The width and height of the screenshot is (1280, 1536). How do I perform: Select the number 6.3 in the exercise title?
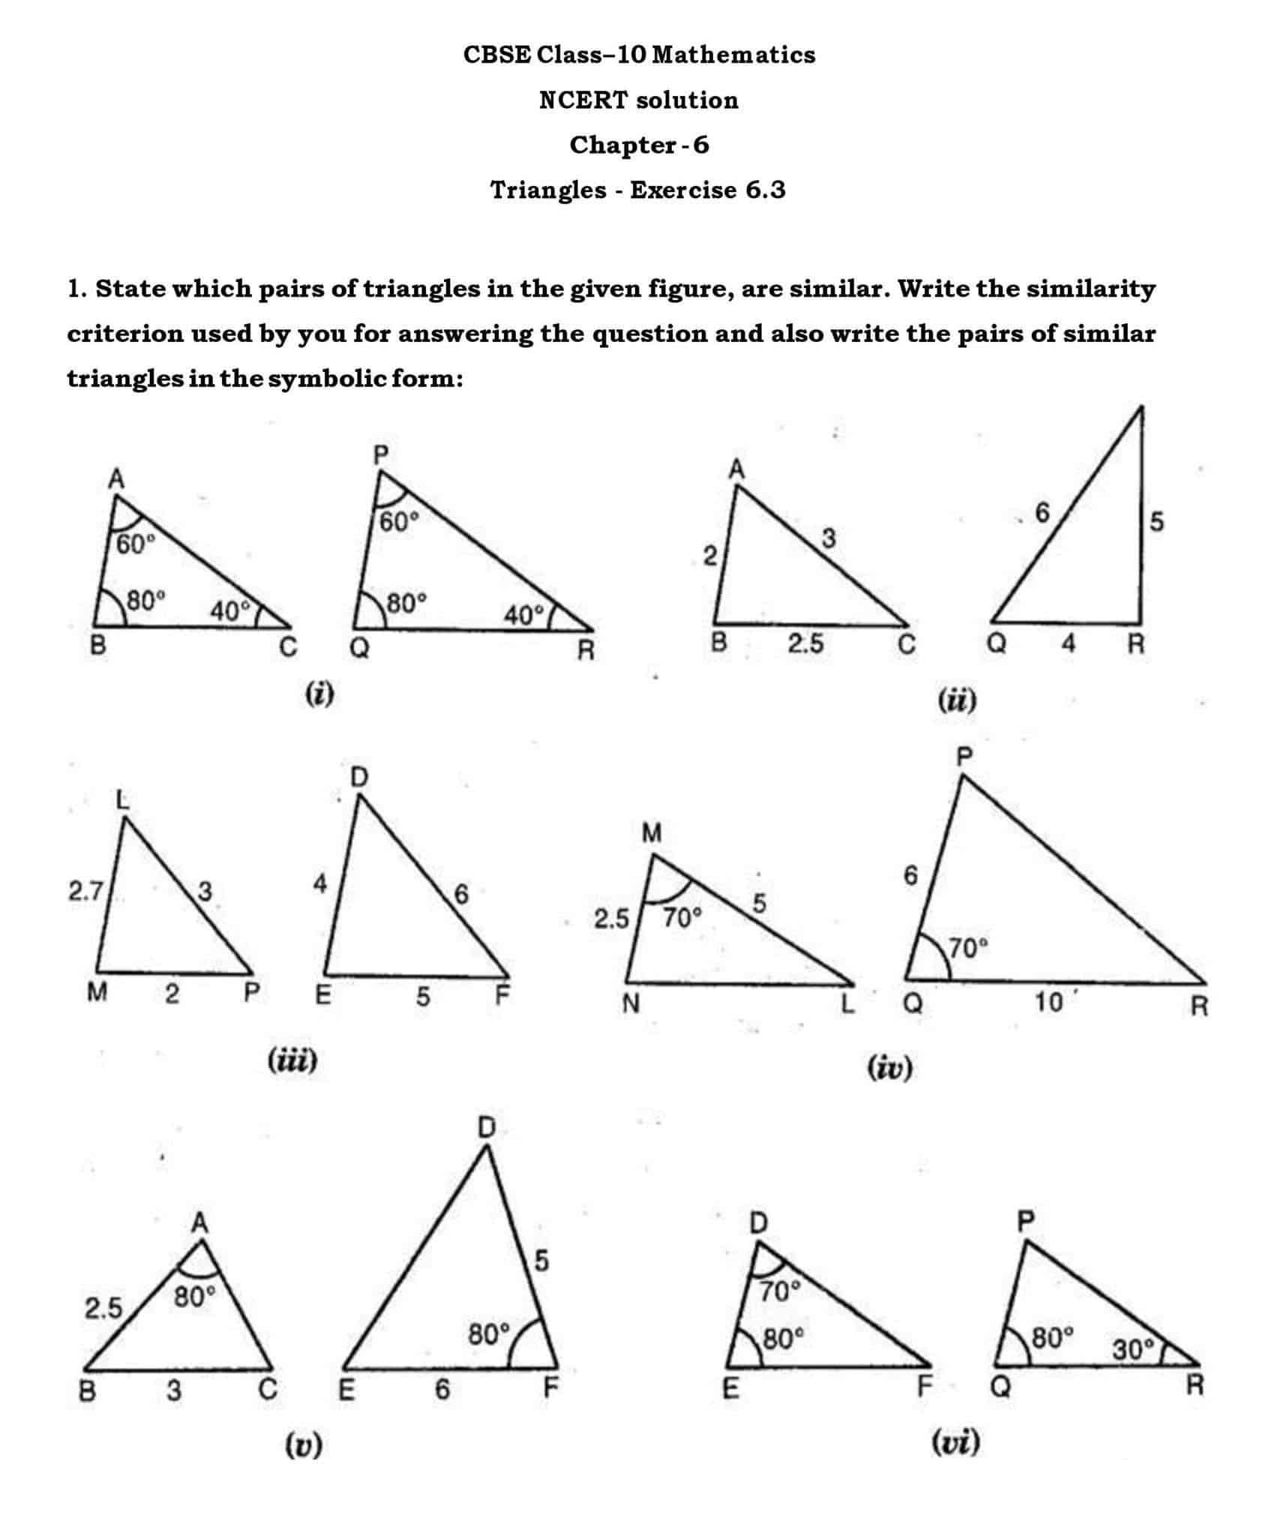tap(765, 190)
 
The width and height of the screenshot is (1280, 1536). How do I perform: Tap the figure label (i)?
tap(319, 694)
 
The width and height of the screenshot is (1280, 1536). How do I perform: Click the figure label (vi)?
tap(955, 1442)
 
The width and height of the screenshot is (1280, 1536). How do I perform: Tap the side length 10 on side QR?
tap(1048, 1001)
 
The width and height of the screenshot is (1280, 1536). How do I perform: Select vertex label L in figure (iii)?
tap(123, 800)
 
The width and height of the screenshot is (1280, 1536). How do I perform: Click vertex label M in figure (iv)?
tap(652, 832)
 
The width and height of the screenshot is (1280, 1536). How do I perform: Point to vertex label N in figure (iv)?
tap(631, 1003)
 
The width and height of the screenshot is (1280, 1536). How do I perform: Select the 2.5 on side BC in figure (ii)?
tap(805, 644)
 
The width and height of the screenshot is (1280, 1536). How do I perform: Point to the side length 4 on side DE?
tap(319, 885)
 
